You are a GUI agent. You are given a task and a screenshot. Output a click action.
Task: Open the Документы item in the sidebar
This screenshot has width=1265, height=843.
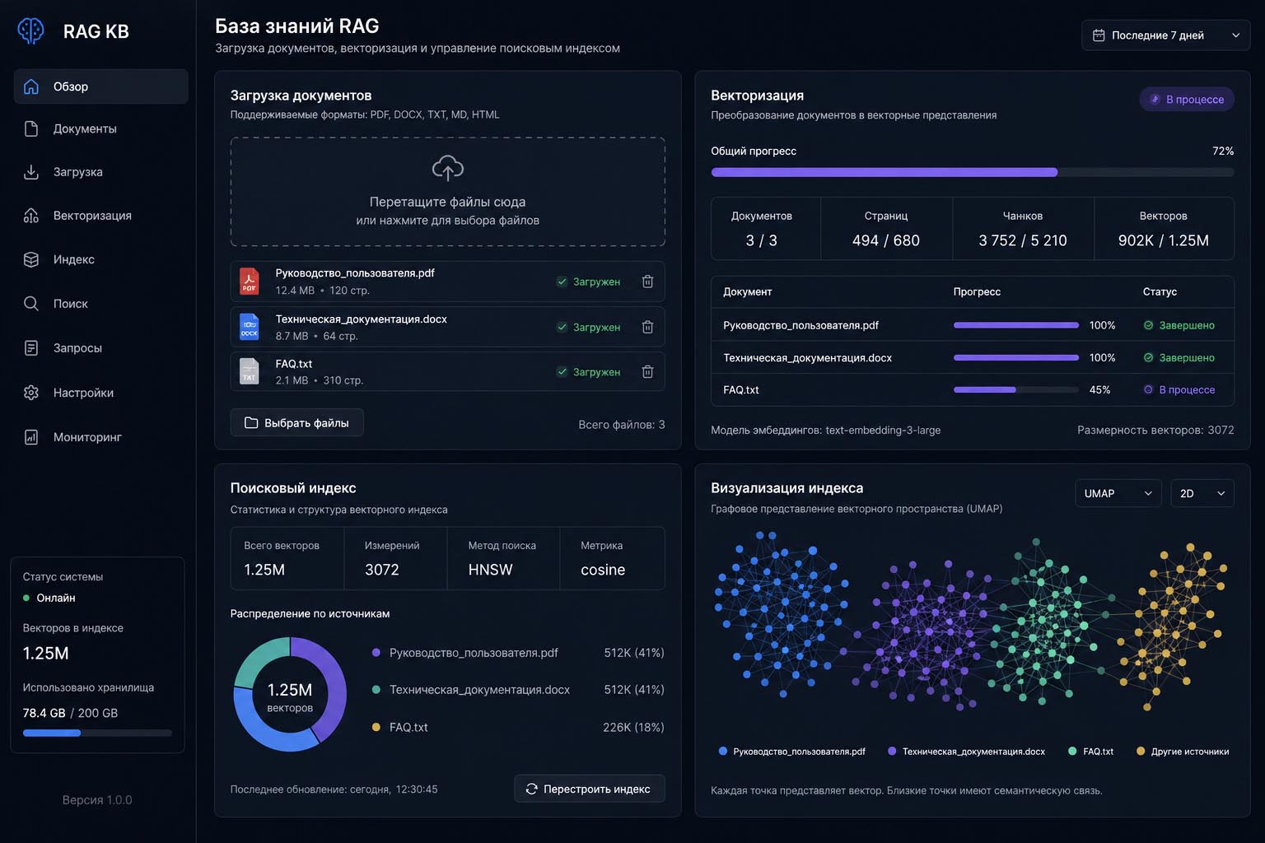point(85,128)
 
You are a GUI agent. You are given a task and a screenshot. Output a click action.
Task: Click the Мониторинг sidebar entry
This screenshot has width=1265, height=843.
point(87,437)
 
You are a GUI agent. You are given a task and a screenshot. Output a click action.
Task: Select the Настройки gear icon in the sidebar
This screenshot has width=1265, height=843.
point(31,393)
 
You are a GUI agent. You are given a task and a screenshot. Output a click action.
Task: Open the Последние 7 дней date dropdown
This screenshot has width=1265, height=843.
point(1165,35)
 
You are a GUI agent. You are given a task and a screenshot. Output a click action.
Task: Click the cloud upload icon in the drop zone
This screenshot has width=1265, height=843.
point(448,168)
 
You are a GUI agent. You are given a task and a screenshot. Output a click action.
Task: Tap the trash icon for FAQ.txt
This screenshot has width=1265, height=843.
point(648,371)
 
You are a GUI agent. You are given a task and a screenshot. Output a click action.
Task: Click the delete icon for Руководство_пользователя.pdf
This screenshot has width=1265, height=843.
point(648,282)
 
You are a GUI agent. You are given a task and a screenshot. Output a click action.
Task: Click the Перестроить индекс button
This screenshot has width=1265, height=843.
point(589,789)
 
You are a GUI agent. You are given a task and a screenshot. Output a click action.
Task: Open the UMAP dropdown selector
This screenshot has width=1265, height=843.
point(1118,493)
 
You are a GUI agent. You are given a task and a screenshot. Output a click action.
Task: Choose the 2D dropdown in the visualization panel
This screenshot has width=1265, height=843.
point(1202,493)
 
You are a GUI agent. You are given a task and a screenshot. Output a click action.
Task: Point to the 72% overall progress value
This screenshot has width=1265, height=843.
point(1223,151)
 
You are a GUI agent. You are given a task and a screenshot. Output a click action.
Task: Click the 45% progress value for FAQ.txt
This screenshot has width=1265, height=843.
point(1099,389)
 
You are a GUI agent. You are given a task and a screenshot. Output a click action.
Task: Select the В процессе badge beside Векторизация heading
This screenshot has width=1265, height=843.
point(1187,100)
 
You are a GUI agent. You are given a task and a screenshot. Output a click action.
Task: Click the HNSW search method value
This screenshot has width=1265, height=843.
point(490,569)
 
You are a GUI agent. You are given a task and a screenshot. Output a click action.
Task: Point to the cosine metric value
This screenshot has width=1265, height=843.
point(603,569)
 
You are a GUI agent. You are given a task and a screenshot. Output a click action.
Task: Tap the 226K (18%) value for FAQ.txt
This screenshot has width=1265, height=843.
point(633,727)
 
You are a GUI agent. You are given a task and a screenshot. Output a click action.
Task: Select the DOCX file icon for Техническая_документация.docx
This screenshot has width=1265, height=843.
point(249,326)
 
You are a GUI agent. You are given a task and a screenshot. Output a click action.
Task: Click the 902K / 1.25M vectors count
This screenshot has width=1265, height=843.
point(1164,240)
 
